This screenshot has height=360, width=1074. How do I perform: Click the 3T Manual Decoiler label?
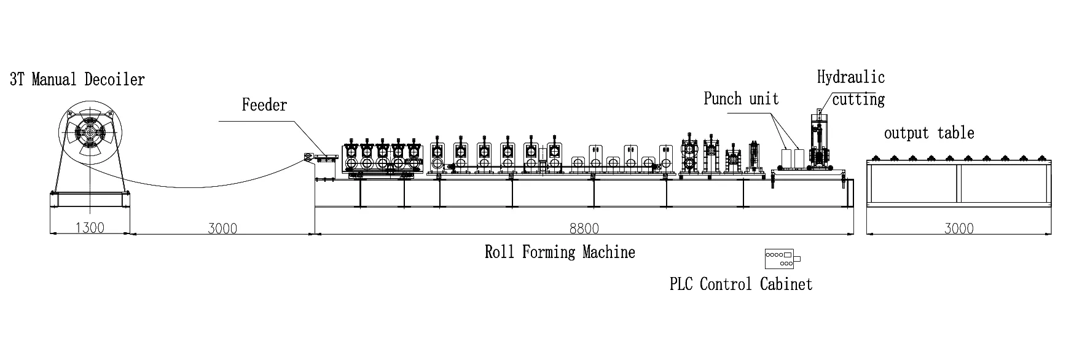tap(77, 79)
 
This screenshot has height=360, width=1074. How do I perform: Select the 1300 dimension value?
tap(90, 228)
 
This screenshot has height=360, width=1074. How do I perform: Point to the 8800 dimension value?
tap(584, 228)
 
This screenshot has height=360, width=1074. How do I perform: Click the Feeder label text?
tap(264, 105)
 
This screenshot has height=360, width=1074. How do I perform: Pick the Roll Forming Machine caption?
tap(560, 252)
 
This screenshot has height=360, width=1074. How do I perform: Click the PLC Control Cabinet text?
tap(741, 284)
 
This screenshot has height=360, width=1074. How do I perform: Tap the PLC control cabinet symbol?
tap(782, 259)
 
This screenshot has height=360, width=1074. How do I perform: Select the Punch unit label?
tap(741, 99)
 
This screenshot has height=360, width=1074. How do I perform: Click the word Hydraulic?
tap(851, 77)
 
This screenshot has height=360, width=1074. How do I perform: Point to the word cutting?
tap(858, 100)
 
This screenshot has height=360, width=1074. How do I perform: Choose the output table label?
tap(929, 133)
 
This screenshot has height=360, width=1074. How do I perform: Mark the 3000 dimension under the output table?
tap(958, 228)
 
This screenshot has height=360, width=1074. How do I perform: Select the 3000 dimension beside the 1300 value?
tap(222, 228)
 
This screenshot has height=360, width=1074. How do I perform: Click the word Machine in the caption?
tap(610, 252)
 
